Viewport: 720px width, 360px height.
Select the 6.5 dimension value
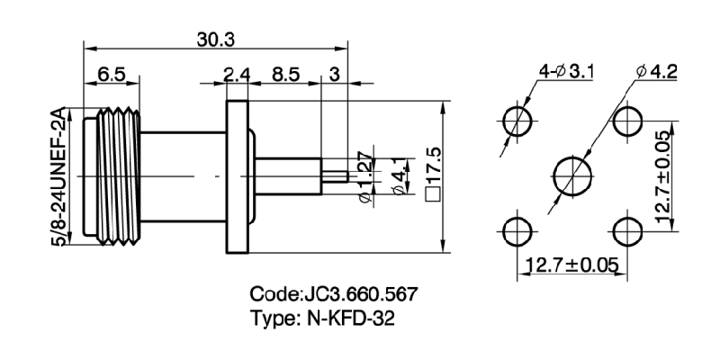tap(112, 76)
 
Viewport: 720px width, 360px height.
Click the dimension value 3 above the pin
tap(334, 76)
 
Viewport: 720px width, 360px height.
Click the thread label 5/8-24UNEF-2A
tap(62, 176)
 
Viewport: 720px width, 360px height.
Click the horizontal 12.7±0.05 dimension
tap(572, 265)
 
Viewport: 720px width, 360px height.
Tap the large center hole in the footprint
tap(571, 173)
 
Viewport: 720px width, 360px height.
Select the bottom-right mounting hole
tap(626, 229)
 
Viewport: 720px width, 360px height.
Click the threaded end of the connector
tap(112, 177)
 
